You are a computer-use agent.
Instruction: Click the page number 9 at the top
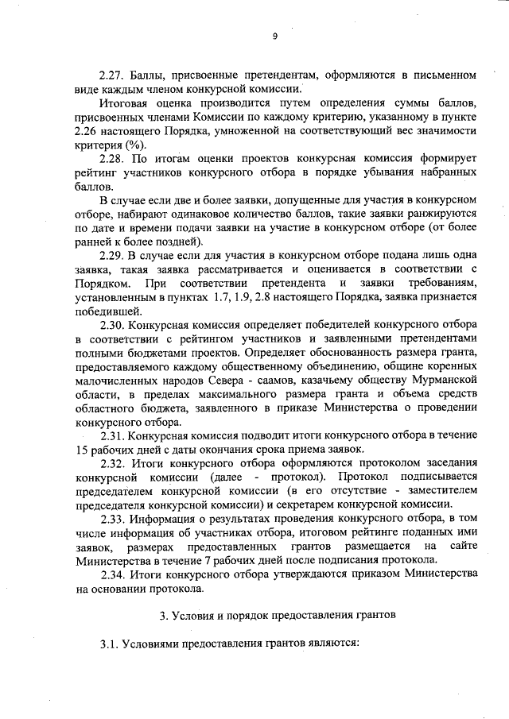click(x=274, y=36)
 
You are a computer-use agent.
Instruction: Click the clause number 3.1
click(x=110, y=644)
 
